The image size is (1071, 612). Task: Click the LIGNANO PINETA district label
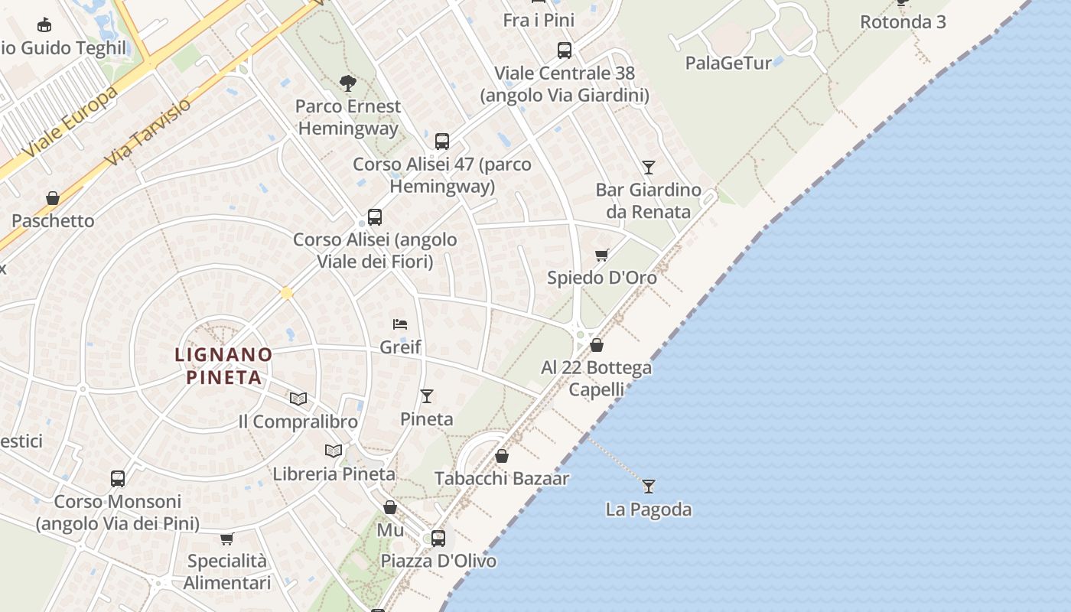223,366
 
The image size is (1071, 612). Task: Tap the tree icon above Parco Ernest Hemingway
348,83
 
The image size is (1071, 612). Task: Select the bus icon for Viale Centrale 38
565,50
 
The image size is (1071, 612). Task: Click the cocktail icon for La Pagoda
649,486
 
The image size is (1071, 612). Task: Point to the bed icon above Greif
400,324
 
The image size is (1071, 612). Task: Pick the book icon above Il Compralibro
298,399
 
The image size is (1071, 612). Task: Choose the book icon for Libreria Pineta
334,451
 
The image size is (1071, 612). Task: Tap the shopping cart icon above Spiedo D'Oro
602,255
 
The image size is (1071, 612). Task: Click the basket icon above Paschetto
53,198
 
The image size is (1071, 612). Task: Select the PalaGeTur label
728,63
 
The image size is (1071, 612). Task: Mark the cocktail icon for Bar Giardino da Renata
649,167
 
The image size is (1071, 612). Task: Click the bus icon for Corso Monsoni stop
118,479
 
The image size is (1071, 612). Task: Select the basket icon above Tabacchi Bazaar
502,456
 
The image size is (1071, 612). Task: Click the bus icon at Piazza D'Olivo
438,538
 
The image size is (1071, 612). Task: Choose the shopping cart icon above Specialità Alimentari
227,539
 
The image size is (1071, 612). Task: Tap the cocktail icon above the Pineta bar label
427,396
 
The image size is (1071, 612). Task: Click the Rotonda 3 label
903,21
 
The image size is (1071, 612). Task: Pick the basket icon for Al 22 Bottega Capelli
597,345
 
